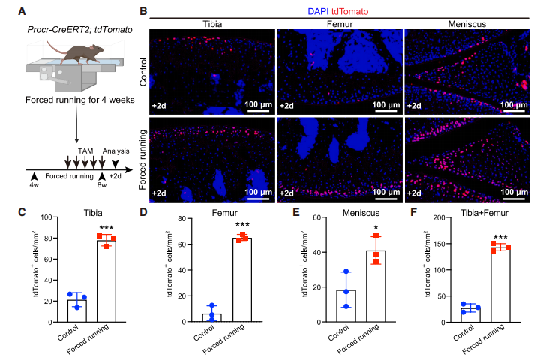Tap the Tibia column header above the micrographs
211,24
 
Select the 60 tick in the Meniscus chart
325,217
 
